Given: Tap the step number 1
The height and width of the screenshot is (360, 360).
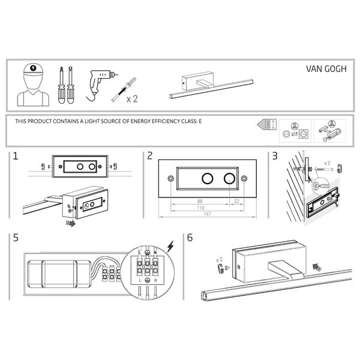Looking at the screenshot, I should point(15,157).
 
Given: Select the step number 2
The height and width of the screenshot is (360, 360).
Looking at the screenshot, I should point(149,157).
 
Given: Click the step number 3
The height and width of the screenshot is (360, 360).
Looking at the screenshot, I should point(275,157).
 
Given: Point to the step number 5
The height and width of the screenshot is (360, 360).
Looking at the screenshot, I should point(15,237).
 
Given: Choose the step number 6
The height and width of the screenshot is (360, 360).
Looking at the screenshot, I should point(190,237).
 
